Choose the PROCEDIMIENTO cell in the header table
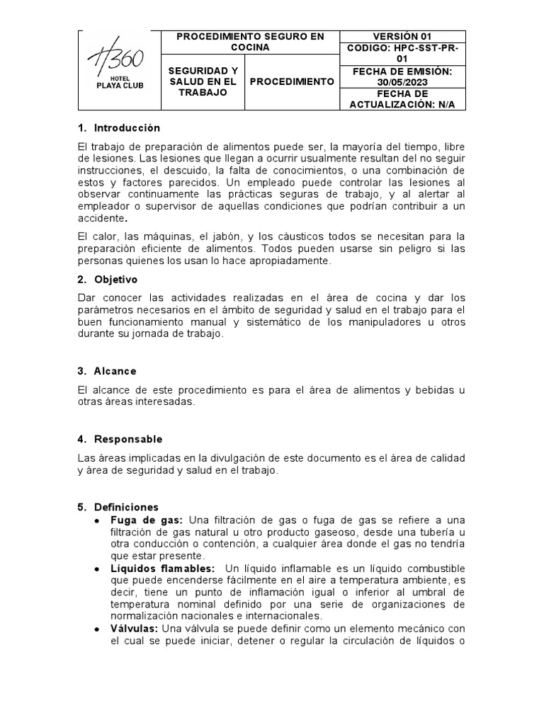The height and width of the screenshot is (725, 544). (x=292, y=81)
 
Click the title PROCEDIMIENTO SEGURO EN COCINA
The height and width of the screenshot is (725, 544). (x=251, y=42)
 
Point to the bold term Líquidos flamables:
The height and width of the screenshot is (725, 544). (x=162, y=569)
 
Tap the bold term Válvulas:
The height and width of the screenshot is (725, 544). (x=135, y=629)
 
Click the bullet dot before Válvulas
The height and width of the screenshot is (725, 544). (x=97, y=629)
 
